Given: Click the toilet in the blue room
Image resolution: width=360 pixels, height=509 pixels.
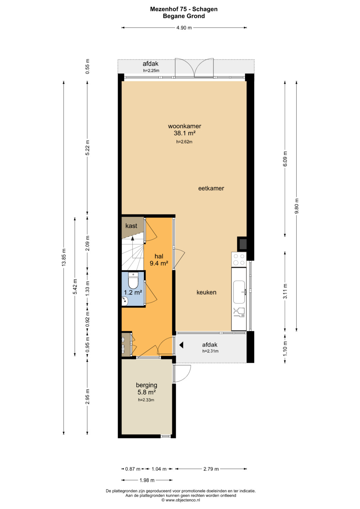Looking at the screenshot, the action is pos(133,280).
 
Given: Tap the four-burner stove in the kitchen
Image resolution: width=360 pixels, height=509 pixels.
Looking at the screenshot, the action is pos(239,259).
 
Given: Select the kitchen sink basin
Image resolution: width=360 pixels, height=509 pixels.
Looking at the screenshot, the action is pos(239,292).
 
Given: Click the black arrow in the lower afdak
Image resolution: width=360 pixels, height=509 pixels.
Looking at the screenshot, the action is pos(181,345).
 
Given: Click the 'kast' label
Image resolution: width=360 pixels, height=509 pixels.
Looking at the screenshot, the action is pos(131,226).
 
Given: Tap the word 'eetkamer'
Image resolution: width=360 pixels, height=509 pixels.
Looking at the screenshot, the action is pos(211,188).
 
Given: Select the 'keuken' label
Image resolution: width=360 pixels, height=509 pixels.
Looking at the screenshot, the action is pos(206,292).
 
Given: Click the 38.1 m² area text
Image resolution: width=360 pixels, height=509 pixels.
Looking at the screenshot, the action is pos(185,133).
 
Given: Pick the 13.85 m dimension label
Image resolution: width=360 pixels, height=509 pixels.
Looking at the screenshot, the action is pos(64,257).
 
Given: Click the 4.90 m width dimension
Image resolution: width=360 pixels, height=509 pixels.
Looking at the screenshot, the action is pos(184,28).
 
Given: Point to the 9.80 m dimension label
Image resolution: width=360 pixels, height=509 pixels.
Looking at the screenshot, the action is pos(296,206).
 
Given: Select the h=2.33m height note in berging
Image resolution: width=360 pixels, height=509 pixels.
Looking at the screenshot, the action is pos(146,400).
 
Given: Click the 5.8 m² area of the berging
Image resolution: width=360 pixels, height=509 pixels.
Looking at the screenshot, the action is pos(147,392).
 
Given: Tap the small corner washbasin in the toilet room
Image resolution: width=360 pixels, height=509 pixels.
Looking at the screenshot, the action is pos(125,301).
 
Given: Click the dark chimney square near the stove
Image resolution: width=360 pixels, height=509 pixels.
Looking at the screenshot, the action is pos(242,244).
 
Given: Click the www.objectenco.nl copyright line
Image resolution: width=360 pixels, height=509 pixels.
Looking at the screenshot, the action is pos(181,500).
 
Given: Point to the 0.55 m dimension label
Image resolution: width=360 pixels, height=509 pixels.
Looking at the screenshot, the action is pos(87,66).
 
